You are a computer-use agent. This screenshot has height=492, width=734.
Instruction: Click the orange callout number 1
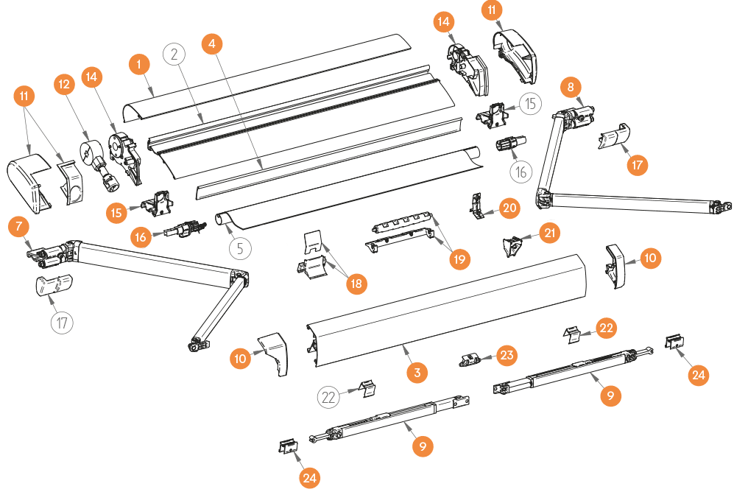coord(138,65)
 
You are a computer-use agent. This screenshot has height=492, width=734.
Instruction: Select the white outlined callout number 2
coord(174,53)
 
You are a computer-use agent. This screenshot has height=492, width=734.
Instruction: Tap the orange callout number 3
coord(417,373)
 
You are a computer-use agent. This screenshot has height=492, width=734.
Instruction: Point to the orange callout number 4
coord(212,43)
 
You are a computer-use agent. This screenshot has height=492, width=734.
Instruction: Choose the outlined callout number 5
coord(241,247)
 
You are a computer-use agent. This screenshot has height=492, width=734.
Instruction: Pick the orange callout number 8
coord(571,86)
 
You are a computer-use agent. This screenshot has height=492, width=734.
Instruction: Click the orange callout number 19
coord(460,259)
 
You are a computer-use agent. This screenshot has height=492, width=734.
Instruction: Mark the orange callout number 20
coord(510,208)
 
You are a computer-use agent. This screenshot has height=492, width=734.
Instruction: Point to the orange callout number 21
coord(549,233)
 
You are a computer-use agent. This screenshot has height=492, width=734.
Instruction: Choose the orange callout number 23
coord(507,356)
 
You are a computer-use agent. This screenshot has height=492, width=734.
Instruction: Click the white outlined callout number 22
coord(329,398)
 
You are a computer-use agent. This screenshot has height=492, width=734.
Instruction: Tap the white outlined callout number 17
coord(63,322)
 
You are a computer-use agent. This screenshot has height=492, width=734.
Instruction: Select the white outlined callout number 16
coord(521,172)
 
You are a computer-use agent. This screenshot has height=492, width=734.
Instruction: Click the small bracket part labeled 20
coord(479,206)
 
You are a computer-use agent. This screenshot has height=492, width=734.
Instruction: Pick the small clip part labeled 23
coord(469,359)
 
